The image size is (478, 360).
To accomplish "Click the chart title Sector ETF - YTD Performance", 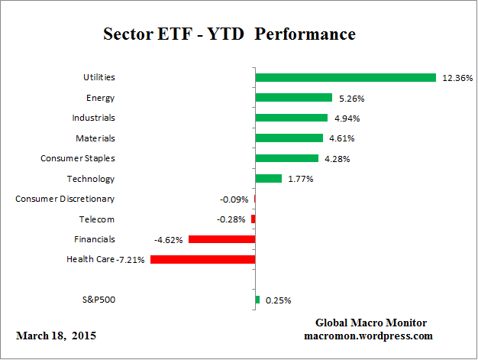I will [x=229, y=35].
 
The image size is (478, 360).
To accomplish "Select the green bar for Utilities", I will [x=345, y=77].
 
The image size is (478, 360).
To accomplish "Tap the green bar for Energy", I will [x=293, y=98].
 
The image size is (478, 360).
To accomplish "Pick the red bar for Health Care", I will [x=202, y=259].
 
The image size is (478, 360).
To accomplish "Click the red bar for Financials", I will [x=221, y=239].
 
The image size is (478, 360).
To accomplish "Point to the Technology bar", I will [x=268, y=178].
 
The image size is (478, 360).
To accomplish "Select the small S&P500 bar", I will [x=257, y=300].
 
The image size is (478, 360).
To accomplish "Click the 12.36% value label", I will [x=457, y=78].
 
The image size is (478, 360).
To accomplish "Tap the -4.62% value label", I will [x=168, y=239].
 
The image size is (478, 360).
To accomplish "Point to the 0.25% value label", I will [x=277, y=300].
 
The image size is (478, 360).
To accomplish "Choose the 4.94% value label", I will [x=345, y=118].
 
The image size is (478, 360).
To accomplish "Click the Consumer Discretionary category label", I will [x=65, y=199].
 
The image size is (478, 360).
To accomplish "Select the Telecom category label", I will [x=97, y=219].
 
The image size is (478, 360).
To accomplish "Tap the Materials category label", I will [x=95, y=138].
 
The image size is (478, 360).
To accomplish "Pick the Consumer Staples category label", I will [x=77, y=158].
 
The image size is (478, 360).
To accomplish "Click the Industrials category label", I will [x=93, y=118].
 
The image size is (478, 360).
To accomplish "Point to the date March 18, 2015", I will [x=56, y=336].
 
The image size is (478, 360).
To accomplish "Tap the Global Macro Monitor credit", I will [x=371, y=323].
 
